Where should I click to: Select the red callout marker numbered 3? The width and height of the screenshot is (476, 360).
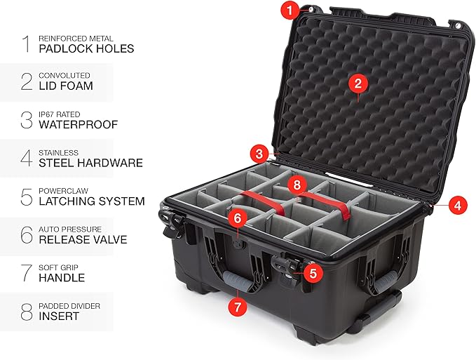260,153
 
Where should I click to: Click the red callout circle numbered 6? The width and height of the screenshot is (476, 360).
238,218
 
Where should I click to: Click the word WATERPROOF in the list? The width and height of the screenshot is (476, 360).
79,125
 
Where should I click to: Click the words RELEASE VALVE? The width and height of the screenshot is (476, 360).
83,239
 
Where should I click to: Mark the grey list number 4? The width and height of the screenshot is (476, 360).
26,157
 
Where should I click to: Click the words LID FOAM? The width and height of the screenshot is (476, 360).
66,86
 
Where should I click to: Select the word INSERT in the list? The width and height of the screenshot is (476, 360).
60,316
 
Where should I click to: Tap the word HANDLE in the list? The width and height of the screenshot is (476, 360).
62,278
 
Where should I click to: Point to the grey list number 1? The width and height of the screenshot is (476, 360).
26,44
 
